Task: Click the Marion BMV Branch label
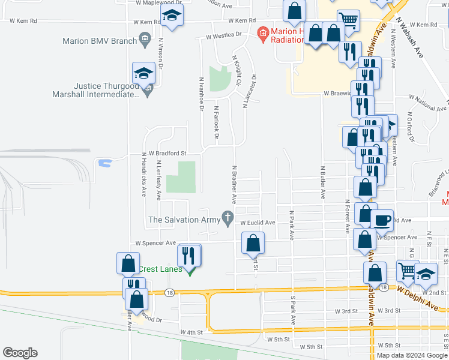(x=100, y=41)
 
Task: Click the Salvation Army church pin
(x=228, y=218)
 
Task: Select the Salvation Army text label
(x=184, y=220)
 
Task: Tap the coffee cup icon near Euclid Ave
(x=382, y=220)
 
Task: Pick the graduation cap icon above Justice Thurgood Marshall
(x=143, y=74)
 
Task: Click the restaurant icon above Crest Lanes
(x=190, y=255)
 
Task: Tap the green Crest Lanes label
(x=161, y=269)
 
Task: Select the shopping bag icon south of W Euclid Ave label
(x=253, y=243)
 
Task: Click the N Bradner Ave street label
(x=233, y=183)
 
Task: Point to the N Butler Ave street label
(x=322, y=182)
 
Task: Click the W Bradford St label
(x=164, y=153)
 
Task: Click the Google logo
(x=20, y=353)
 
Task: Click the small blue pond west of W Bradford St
(x=104, y=162)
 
